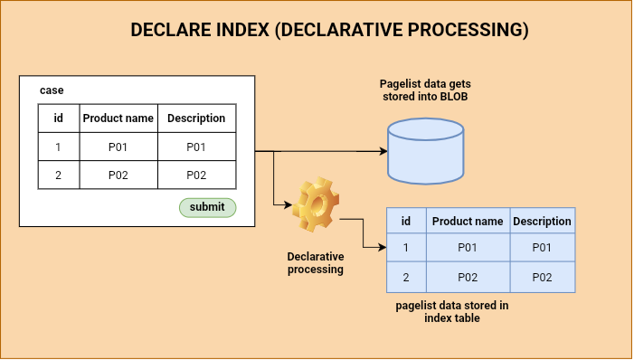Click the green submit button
(x=207, y=207)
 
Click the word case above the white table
(x=52, y=90)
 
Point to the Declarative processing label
(x=315, y=263)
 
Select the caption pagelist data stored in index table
(x=451, y=312)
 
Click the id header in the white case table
(x=58, y=118)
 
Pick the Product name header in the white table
(x=118, y=118)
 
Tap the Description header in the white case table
(x=196, y=118)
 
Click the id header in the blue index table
(x=406, y=221)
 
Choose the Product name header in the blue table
(x=467, y=221)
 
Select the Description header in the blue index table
(x=542, y=221)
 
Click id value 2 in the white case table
(x=58, y=175)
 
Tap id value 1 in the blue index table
(x=406, y=248)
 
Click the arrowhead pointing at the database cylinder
(x=381, y=151)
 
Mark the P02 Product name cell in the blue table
(x=467, y=277)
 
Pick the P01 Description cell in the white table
(x=196, y=147)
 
